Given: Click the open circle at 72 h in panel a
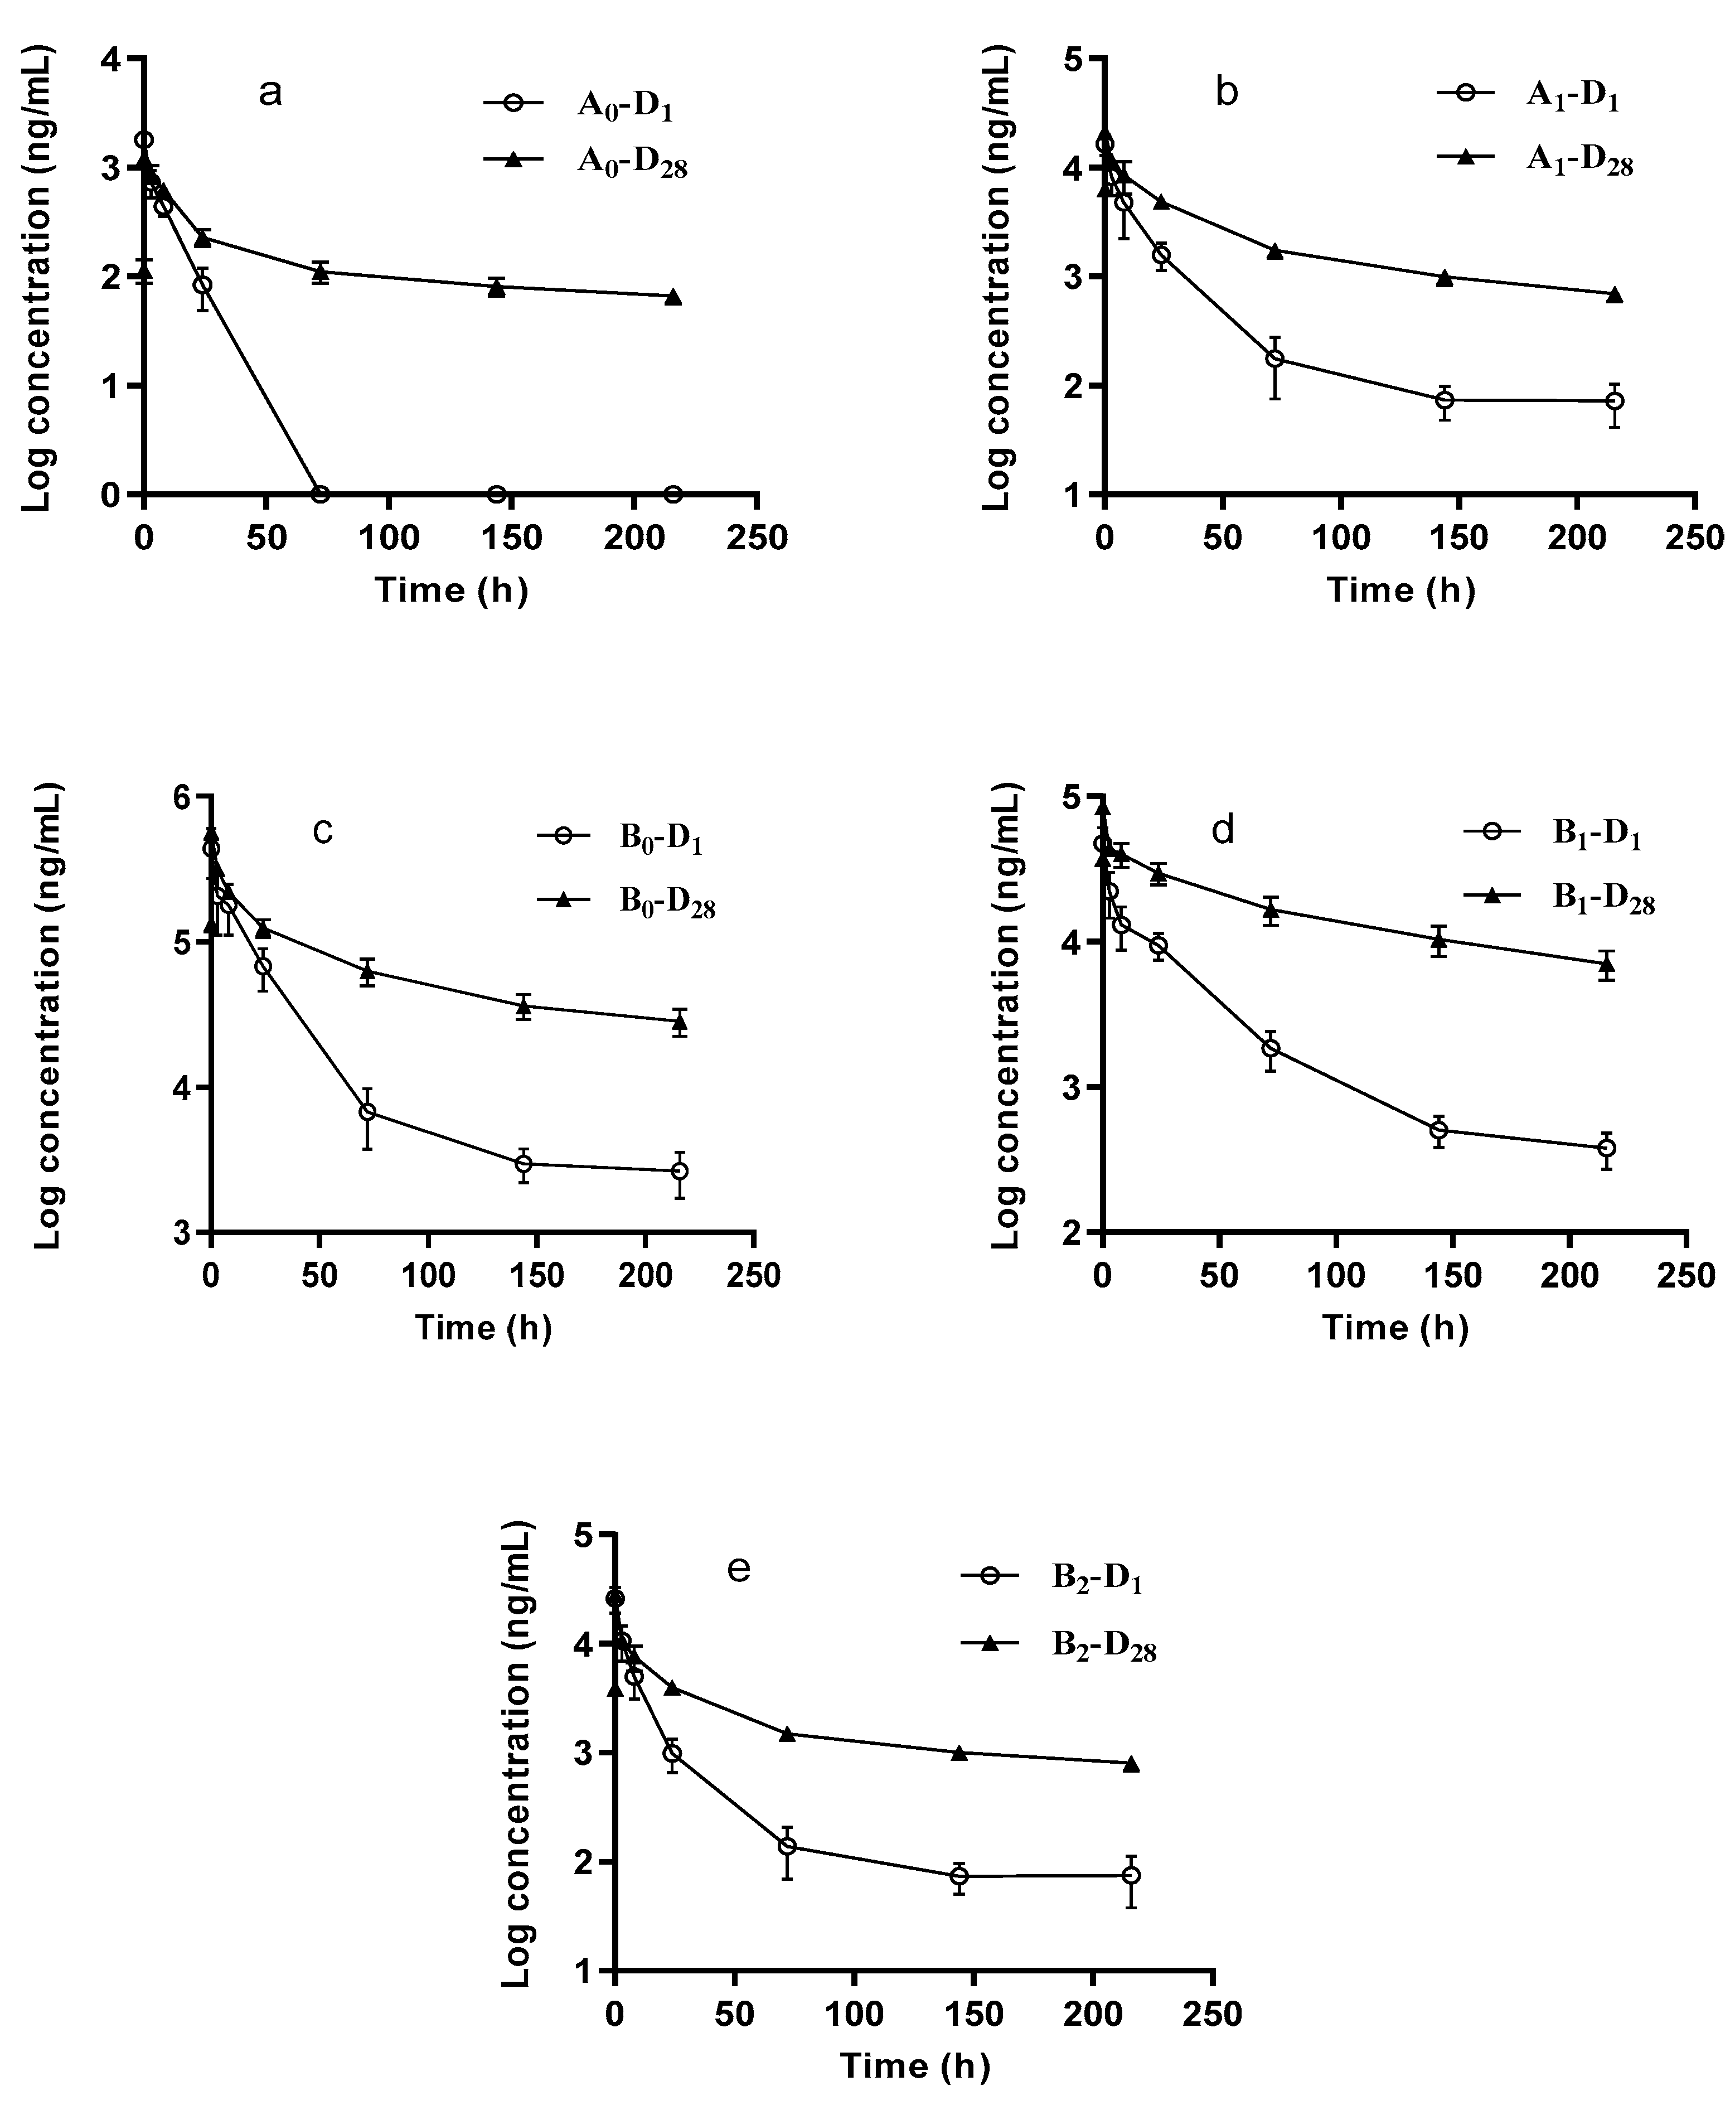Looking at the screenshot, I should tap(320, 494).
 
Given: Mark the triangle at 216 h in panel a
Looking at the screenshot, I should tap(672, 297).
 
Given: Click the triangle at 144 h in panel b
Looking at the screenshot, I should tap(1444, 277).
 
